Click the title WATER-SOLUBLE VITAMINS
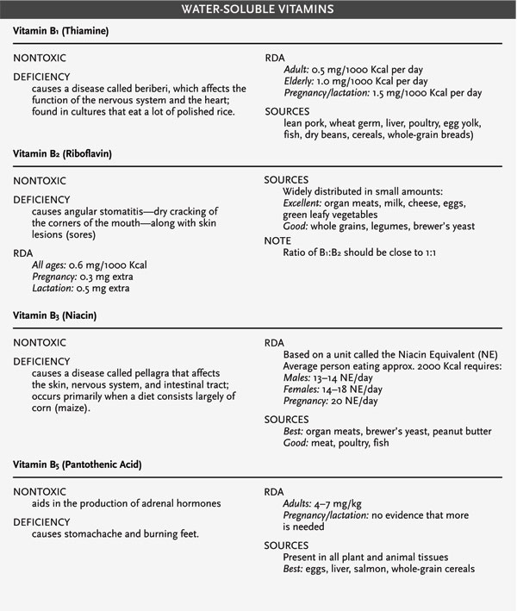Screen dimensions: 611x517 258,10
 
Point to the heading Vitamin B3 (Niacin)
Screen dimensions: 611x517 54,315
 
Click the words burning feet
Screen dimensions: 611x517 167,533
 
